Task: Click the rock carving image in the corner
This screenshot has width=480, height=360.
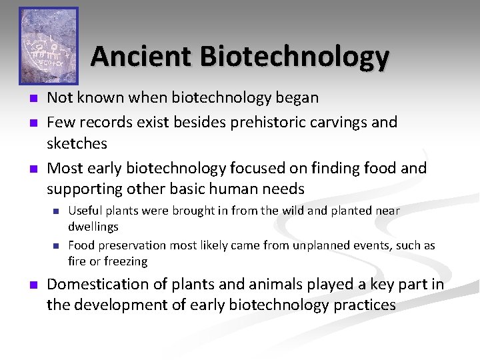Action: click(x=48, y=45)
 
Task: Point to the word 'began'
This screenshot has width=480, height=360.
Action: click(x=297, y=98)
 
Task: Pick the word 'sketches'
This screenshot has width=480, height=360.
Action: click(x=77, y=143)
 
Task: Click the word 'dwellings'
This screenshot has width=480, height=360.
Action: click(x=93, y=227)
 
